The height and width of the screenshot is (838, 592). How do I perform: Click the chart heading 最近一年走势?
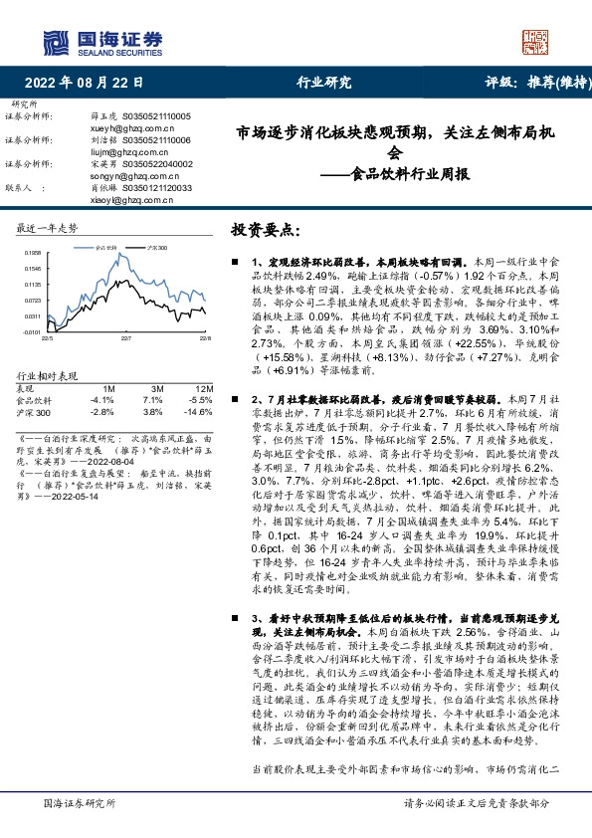[x=48, y=228]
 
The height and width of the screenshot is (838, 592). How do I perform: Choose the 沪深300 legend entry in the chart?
[x=155, y=245]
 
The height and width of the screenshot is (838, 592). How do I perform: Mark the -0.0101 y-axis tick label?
[x=31, y=331]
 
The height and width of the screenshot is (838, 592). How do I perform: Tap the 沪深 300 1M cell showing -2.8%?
[x=103, y=410]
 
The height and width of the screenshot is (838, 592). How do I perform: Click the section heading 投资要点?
[x=265, y=230]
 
